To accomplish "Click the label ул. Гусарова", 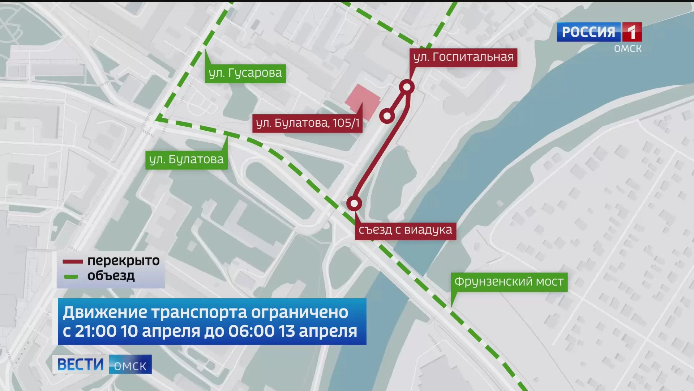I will [245, 73].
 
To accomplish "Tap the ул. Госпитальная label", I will [463, 57].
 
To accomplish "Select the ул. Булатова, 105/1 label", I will [307, 123].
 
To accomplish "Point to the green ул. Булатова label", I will [186, 160].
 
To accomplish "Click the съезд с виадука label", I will [405, 230].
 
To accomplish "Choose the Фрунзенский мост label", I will [509, 282].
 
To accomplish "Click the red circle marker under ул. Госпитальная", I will [407, 87].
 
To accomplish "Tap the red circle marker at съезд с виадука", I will [354, 203].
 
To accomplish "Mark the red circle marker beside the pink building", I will [387, 116].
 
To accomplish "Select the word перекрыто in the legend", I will [123, 261].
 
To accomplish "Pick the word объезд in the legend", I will [111, 276].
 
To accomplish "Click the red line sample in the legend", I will [73, 261].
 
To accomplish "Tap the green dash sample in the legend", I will [71, 277].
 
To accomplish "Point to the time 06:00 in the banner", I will [251, 331].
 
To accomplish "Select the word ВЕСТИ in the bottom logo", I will [81, 364].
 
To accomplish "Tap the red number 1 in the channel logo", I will [631, 32].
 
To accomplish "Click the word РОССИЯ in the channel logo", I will [588, 32].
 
